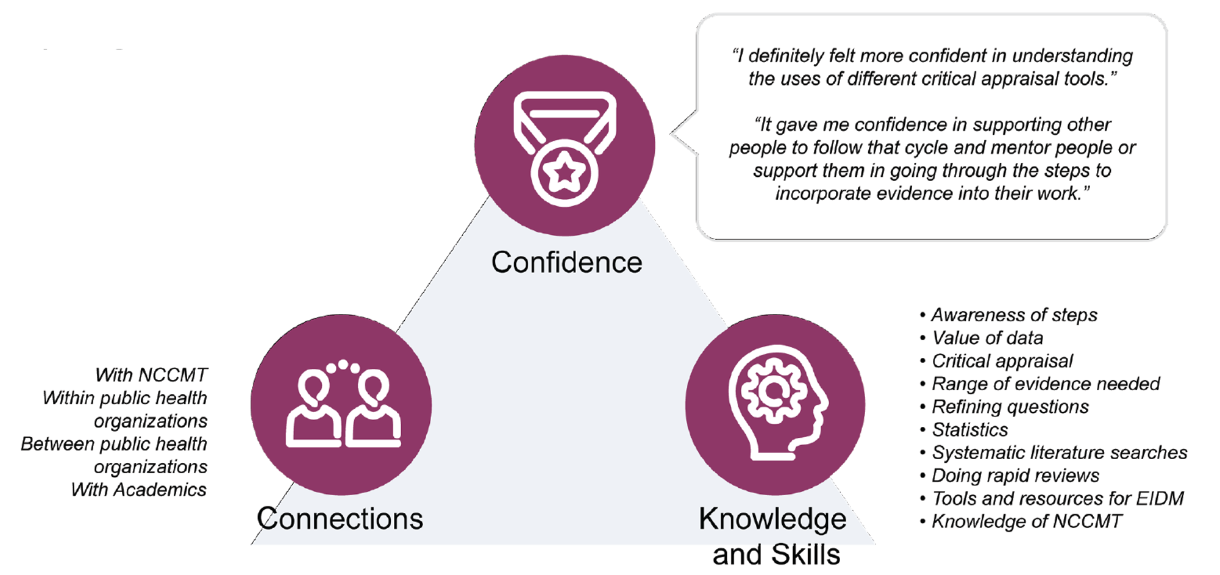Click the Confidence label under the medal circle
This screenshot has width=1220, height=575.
point(566,263)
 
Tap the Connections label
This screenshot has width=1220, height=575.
point(340,519)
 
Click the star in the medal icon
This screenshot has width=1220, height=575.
point(565,173)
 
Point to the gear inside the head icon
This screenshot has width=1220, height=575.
point(772,391)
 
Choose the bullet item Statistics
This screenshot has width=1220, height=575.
point(969,430)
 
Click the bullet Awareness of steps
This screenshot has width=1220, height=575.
point(1013,315)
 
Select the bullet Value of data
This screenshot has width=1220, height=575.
point(987,338)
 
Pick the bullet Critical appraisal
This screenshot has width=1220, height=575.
point(1002,361)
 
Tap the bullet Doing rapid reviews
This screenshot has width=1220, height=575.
point(1015,476)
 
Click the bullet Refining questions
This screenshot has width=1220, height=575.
point(1010,407)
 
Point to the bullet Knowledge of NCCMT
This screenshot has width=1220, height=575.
point(1026,522)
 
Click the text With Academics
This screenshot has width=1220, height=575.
point(139,490)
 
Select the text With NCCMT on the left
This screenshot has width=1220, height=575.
point(151,374)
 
